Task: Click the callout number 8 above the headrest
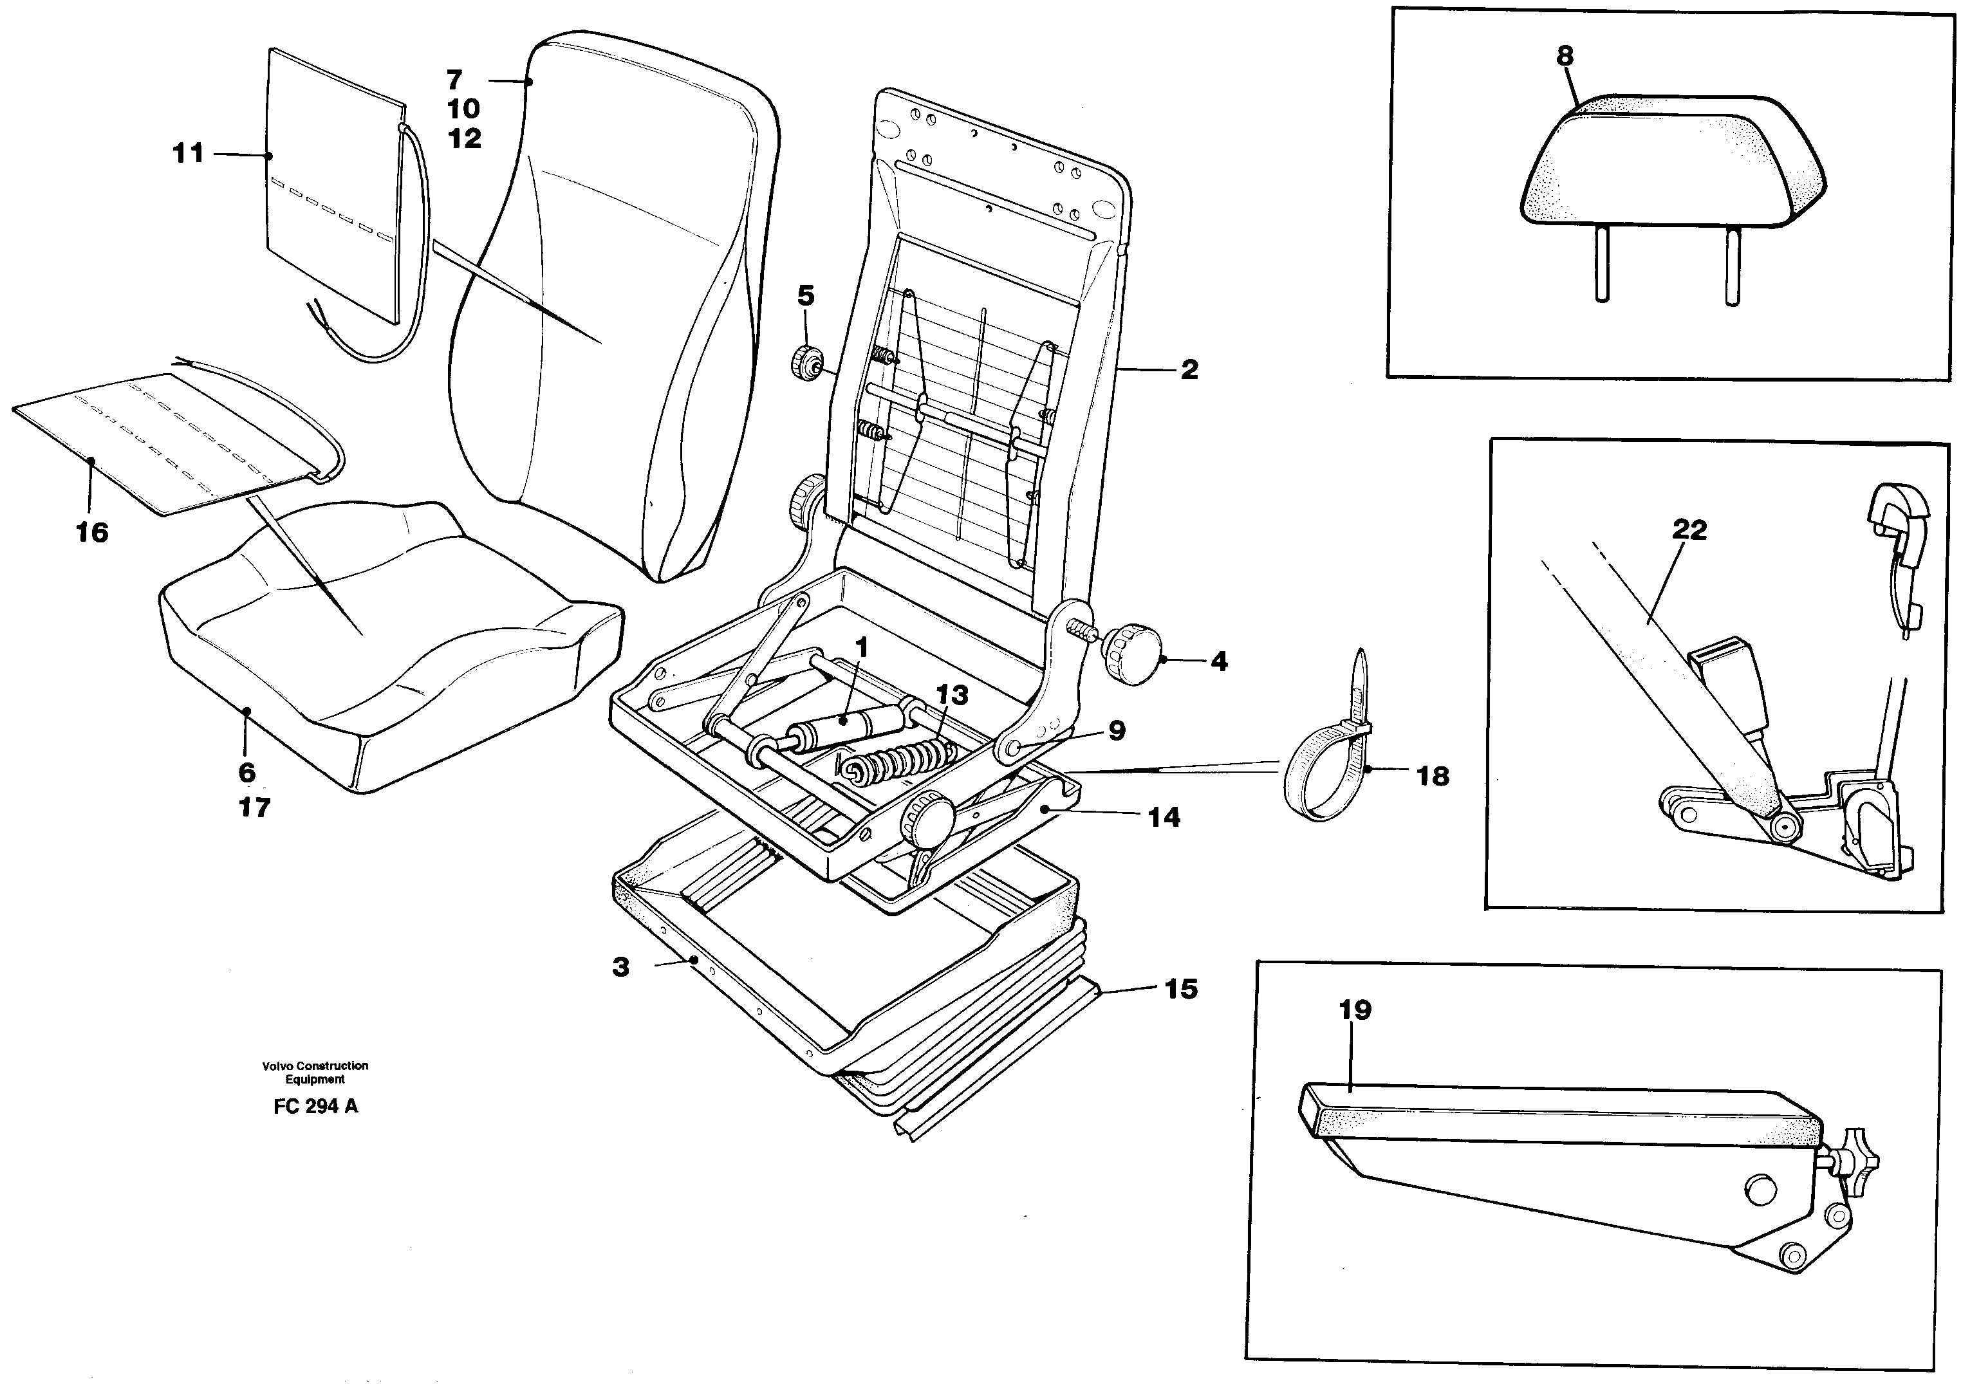(1564, 57)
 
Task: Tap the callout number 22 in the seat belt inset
(1689, 530)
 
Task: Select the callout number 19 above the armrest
(1355, 1010)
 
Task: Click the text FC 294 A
(315, 1107)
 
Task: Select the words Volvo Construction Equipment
(315, 1073)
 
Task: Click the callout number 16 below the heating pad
(92, 533)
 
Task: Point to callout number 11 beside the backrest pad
(188, 154)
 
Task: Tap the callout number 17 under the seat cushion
(254, 807)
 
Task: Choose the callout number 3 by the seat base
(621, 967)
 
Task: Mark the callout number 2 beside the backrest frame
(1189, 370)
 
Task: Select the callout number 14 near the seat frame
(1163, 817)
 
